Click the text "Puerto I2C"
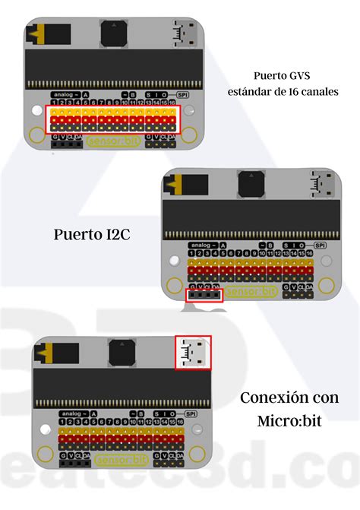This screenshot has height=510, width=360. (x=92, y=234)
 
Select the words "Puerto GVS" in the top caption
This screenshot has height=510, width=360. (x=283, y=75)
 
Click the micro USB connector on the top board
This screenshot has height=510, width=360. (x=184, y=33)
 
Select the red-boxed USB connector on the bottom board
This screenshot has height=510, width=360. (x=193, y=353)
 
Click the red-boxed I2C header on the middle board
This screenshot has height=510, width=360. (x=204, y=295)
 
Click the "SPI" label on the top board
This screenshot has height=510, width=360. (x=182, y=95)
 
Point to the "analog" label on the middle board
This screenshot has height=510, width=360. (x=199, y=246)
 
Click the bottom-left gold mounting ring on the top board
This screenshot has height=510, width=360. (x=36, y=135)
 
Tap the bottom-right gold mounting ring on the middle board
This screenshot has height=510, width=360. (x=326, y=286)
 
